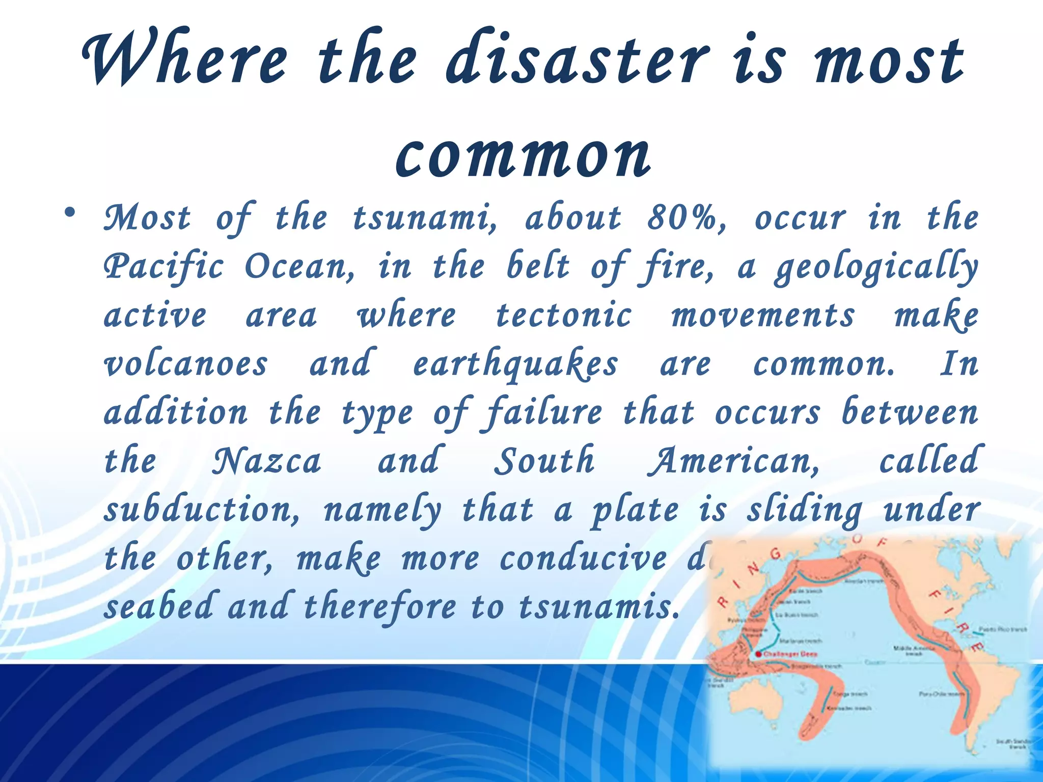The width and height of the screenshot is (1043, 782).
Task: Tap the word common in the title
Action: tap(523, 154)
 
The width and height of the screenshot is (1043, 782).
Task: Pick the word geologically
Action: tap(876, 267)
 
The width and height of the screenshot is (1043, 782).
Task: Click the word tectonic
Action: tap(564, 315)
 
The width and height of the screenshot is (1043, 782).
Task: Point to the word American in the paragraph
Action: tap(733, 461)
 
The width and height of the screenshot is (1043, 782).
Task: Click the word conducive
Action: tap(584, 558)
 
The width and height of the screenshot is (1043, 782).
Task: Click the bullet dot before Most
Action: tap(70, 212)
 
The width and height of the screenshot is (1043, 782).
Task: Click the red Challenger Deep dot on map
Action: tap(759, 654)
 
